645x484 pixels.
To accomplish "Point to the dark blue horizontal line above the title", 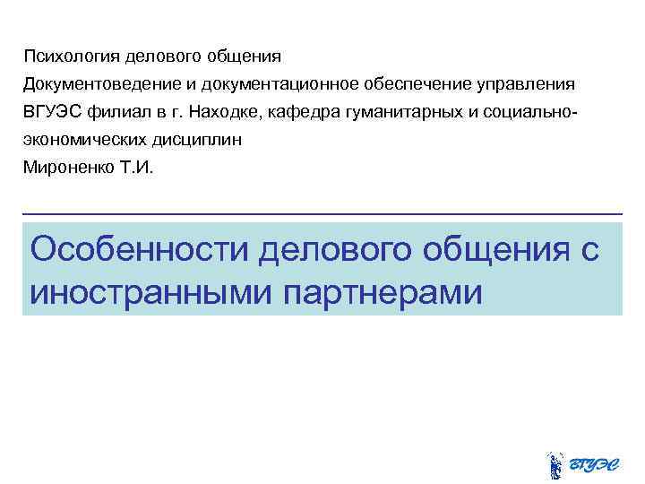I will [x=322, y=212].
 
